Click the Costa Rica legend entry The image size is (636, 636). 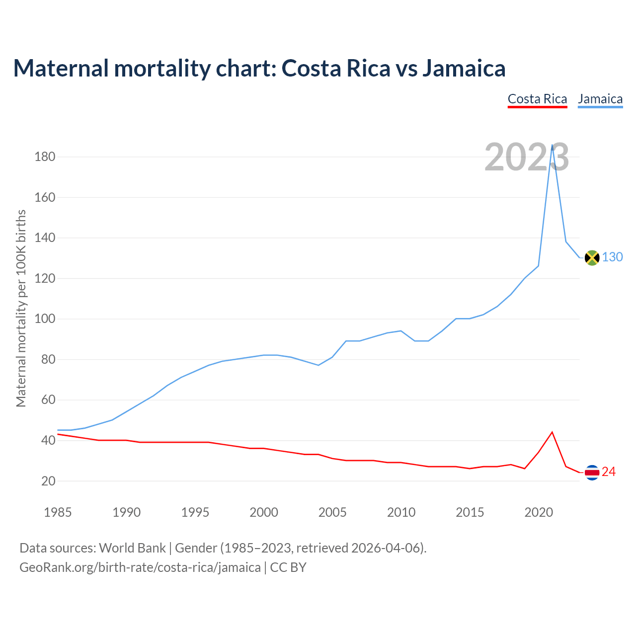537,99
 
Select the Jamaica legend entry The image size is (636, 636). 600,99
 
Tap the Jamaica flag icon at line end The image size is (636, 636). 592,257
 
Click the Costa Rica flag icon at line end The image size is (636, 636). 592,473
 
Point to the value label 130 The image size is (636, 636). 612,257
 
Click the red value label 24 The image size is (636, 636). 609,472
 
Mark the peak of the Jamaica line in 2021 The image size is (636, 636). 552,146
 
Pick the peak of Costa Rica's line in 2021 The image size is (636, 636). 552,432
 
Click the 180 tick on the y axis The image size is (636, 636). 45,157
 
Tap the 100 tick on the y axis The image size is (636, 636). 45,319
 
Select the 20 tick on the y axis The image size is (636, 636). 48,481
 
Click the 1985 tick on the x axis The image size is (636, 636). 58,512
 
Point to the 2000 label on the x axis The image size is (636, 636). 264,512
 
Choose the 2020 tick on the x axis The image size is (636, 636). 539,512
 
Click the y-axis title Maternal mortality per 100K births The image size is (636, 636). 21,308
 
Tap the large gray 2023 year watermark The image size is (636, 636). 527,158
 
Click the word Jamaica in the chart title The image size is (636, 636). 464,68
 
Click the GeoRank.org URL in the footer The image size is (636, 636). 140,567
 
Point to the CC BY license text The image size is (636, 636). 288,567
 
